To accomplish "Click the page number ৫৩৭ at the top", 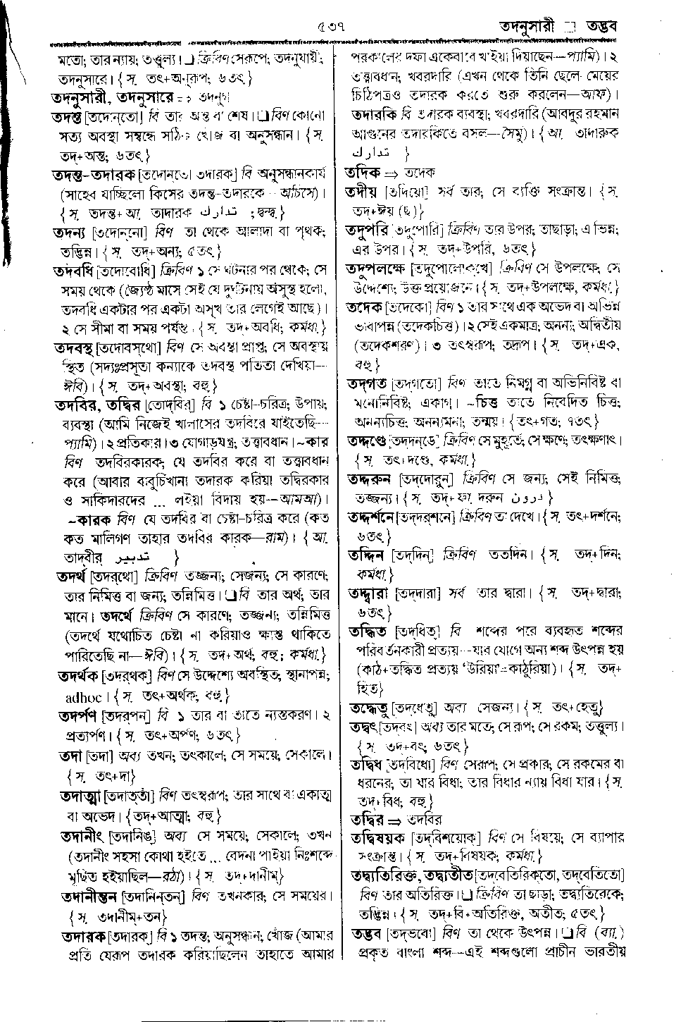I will [330, 27].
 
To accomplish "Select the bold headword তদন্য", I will [77, 233].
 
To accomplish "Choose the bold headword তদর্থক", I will [81, 676].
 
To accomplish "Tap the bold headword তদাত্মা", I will [82, 797].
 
